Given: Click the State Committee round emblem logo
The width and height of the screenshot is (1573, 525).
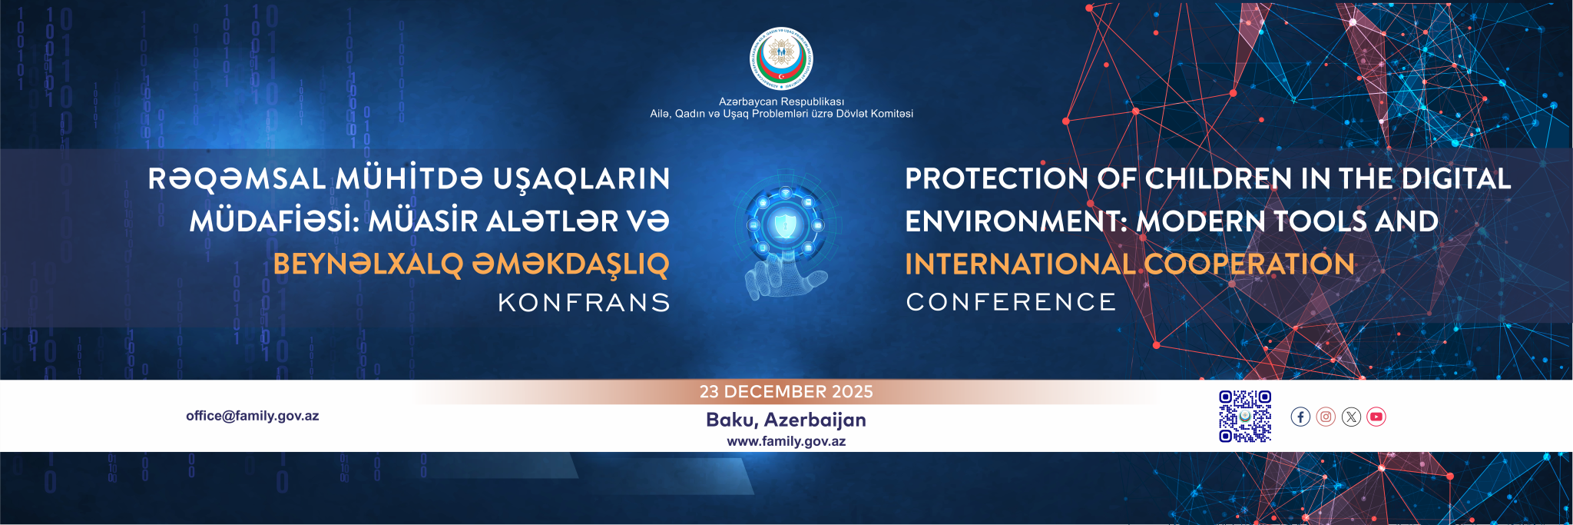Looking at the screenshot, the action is tap(781, 59).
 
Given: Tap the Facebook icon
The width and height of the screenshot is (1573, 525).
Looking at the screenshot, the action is tap(1300, 417).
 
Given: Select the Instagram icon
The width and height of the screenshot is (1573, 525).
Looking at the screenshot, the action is tap(1326, 417).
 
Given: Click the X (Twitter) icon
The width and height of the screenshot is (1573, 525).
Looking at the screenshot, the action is tap(1351, 417).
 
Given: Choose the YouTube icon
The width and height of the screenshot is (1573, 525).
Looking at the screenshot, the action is tap(1376, 417).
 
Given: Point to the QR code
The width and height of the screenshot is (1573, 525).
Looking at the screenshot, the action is tap(1245, 417).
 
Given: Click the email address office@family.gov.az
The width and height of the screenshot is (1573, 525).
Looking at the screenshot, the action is tap(252, 416).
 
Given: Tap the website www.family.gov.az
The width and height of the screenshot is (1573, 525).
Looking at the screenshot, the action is tap(786, 441).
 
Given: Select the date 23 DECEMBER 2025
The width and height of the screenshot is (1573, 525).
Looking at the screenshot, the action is tap(786, 392).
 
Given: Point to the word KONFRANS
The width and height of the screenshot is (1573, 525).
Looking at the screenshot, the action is tap(584, 303).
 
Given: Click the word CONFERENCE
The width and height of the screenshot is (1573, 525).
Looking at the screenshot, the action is tap(1011, 302).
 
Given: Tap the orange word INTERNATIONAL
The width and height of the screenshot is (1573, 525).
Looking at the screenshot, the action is tap(1019, 264).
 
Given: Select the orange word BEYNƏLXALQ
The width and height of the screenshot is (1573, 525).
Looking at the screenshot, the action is tap(369, 264).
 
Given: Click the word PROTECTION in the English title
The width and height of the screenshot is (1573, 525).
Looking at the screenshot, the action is tap(996, 179).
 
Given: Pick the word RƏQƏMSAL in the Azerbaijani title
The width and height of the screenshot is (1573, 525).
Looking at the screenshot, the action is tap(237, 179).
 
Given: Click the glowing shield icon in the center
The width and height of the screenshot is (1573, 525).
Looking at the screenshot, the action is tap(784, 225).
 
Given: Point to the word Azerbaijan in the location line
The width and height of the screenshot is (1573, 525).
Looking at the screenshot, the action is tap(815, 420).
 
